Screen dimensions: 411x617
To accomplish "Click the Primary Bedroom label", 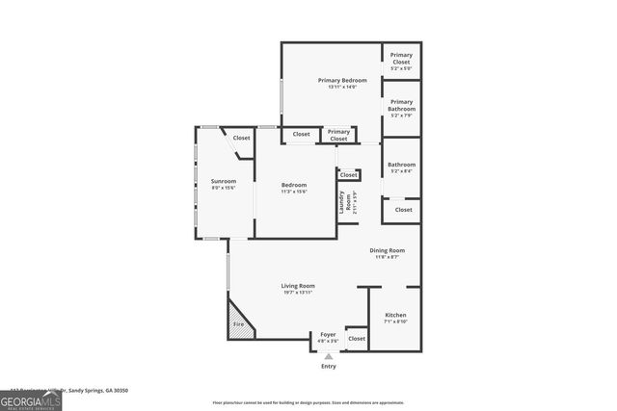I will pyautogui.click(x=341, y=80).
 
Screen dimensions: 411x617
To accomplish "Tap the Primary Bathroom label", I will pyautogui.click(x=402, y=105).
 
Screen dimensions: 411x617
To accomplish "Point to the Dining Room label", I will pyautogui.click(x=388, y=250).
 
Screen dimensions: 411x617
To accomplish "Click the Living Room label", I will pyautogui.click(x=298, y=285).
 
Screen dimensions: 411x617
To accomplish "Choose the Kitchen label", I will pyautogui.click(x=396, y=316).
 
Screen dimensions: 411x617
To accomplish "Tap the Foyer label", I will pyautogui.click(x=328, y=334).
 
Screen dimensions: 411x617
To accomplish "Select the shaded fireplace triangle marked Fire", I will pyautogui.click(x=241, y=321).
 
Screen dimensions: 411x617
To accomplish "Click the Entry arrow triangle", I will pyautogui.click(x=329, y=356).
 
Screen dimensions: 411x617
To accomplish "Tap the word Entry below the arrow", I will pyautogui.click(x=329, y=367).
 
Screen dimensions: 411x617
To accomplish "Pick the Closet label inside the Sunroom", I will pyautogui.click(x=241, y=138).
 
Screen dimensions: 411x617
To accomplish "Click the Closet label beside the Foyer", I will pyautogui.click(x=357, y=339).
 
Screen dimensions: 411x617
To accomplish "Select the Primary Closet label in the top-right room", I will pyautogui.click(x=402, y=60).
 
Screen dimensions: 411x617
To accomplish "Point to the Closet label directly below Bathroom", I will pyautogui.click(x=403, y=209).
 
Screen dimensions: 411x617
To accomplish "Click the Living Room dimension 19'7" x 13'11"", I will pyautogui.click(x=298, y=292).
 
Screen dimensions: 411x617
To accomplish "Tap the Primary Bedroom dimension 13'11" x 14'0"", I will pyautogui.click(x=341, y=87).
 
